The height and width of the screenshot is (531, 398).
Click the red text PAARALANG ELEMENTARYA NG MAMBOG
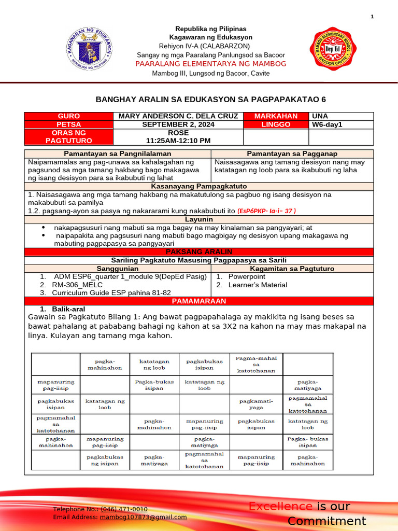click(210, 64)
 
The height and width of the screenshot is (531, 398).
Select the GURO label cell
click(68, 116)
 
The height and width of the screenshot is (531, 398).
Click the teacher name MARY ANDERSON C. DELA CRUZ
click(178, 116)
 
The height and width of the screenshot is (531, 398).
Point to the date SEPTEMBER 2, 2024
click(178, 125)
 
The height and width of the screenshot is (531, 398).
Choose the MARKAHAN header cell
click(276, 116)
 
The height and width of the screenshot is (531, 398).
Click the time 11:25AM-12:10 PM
click(178, 141)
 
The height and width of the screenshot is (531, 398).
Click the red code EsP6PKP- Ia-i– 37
click(266, 211)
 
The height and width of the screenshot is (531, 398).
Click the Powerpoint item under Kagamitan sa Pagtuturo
click(247, 277)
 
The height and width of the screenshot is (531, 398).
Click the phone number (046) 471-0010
click(124, 509)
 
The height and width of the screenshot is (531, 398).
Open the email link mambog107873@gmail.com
click(143, 517)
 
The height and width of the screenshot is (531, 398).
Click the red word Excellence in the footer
click(280, 507)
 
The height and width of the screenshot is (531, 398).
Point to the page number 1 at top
click(372, 18)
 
